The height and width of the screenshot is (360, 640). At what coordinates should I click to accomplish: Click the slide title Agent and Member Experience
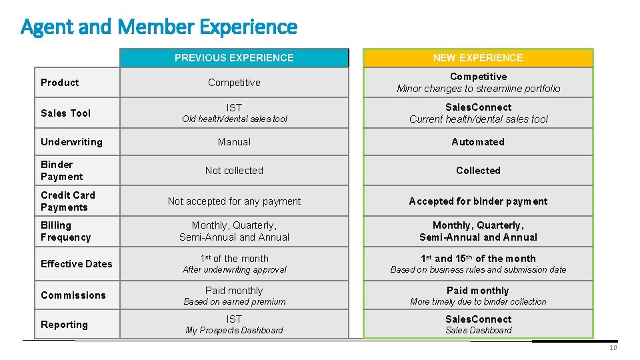point(159,27)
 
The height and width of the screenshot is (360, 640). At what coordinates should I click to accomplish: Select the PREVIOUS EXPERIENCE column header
point(234,58)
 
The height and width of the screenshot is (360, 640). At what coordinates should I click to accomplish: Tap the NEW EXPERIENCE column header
point(478,58)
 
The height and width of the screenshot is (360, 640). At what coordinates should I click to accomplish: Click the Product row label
point(60,83)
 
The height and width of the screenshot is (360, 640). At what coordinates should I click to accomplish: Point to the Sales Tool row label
point(65,113)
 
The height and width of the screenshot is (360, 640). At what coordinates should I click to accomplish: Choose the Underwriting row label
point(71,142)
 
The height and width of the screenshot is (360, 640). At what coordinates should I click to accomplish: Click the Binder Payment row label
point(61,171)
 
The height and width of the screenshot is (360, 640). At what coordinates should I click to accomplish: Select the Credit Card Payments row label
point(67,201)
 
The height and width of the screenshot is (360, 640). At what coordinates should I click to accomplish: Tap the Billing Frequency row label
point(65,231)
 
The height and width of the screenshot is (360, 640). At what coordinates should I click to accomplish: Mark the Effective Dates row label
point(76,264)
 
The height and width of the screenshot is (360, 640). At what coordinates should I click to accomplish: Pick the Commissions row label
point(73,295)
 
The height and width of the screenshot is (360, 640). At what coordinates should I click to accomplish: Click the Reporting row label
point(64,325)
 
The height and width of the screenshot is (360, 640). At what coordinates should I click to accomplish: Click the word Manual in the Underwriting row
point(234,142)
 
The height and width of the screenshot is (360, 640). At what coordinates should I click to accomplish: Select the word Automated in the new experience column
point(478,142)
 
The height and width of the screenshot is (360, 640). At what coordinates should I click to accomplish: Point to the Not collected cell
point(234,171)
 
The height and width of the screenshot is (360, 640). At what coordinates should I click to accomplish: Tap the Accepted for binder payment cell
point(478,201)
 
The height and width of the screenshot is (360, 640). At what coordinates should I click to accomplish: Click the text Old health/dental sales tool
point(234,119)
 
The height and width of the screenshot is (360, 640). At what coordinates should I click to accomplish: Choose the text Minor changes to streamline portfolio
point(478,89)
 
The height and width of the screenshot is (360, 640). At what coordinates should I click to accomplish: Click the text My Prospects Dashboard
point(234,331)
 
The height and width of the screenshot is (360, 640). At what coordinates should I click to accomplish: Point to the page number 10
point(613,348)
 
